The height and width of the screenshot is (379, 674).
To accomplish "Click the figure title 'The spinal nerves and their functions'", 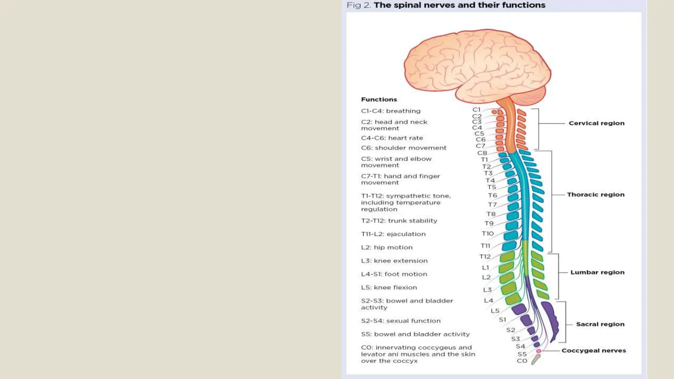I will click(x=459, y=5).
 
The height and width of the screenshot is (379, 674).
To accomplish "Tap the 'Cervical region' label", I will click(x=596, y=123).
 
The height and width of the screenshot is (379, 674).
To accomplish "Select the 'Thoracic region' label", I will click(x=595, y=194).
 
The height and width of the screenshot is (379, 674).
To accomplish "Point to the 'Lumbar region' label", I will click(x=597, y=272).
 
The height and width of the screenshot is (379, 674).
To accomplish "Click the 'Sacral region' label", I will click(x=600, y=324).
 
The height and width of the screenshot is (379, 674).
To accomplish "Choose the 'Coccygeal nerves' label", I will click(x=593, y=350).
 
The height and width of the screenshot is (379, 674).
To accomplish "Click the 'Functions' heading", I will click(x=379, y=99).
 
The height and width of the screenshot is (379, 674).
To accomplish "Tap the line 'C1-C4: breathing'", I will click(x=391, y=111).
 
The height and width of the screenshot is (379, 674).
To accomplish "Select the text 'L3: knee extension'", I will click(x=394, y=261).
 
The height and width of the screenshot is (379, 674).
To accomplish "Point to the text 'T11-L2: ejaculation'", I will click(x=393, y=234).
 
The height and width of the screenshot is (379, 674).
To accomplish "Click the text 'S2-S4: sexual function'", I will click(x=401, y=320).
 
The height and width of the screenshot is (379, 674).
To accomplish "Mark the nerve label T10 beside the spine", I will click(x=487, y=233).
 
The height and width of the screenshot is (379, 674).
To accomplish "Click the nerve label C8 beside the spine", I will click(x=482, y=153).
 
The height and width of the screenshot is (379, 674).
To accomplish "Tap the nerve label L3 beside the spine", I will click(x=487, y=290).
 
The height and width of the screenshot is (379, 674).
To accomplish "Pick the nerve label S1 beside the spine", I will click(x=502, y=319).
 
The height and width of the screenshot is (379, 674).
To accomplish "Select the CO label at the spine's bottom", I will click(x=522, y=361).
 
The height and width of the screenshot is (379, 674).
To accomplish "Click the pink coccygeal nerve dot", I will click(x=538, y=351).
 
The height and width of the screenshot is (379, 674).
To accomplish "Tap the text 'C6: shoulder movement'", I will click(x=403, y=148).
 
